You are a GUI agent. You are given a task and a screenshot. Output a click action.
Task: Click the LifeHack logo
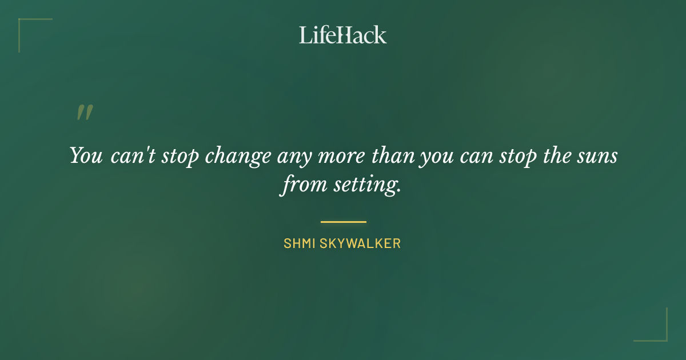343,35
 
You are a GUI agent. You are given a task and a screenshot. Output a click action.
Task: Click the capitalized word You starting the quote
86,155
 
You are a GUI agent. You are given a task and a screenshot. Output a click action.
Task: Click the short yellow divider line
343,222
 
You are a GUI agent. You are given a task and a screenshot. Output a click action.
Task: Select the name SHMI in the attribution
299,243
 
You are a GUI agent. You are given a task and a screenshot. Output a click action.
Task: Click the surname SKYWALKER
360,243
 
